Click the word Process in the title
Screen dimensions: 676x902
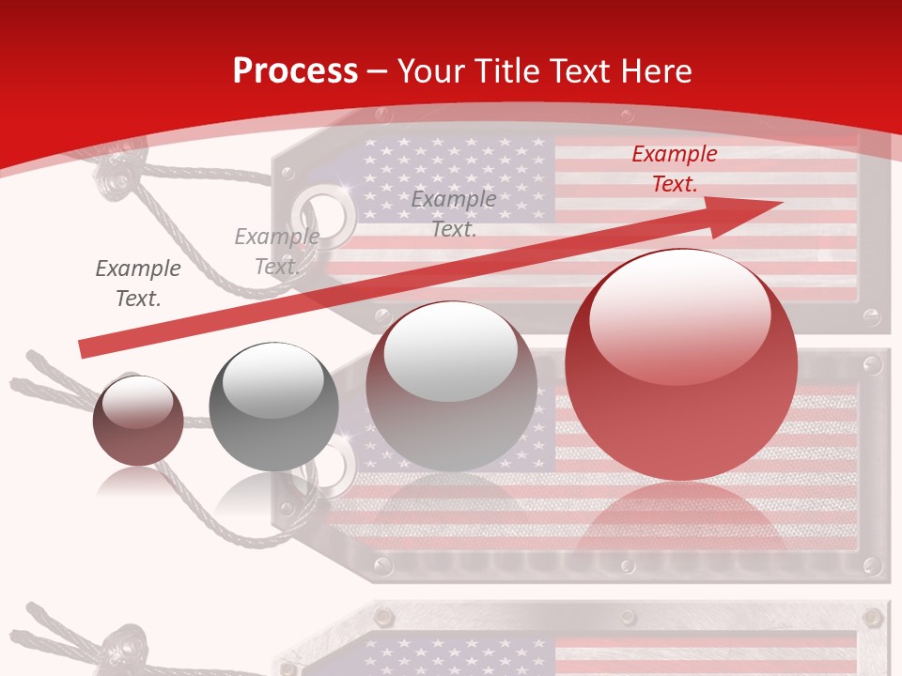(295, 71)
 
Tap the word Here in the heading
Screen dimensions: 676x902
(654, 71)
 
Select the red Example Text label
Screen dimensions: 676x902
(674, 169)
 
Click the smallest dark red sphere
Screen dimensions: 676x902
(138, 421)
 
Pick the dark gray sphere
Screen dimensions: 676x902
(272, 407)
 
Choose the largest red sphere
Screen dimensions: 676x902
(681, 364)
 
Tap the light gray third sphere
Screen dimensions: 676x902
(451, 386)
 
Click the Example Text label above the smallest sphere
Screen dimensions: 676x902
(137, 284)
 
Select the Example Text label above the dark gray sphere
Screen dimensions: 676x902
(276, 252)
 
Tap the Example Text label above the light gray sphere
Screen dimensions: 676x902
(454, 213)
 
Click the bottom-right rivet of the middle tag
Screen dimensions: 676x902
(872, 566)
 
